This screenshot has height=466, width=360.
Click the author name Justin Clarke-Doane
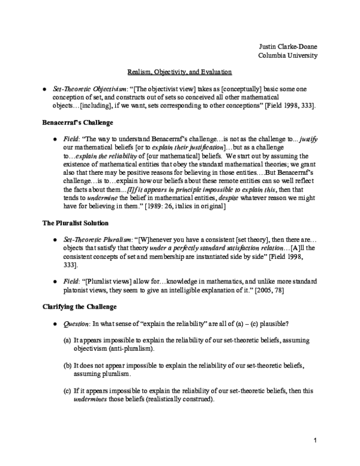[284, 46]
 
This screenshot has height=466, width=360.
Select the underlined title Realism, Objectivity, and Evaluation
[179, 73]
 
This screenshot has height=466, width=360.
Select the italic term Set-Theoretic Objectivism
[86, 89]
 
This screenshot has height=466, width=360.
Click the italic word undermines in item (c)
[93, 399]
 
